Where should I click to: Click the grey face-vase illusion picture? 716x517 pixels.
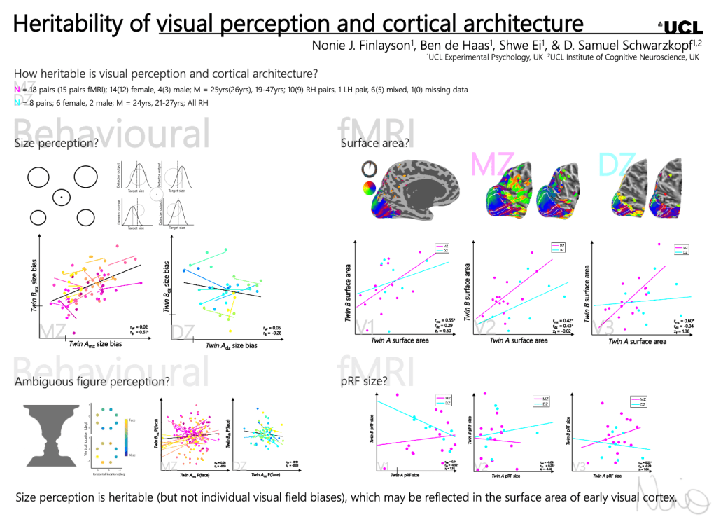coord(53,434)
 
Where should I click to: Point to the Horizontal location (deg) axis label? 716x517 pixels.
coord(108,474)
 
